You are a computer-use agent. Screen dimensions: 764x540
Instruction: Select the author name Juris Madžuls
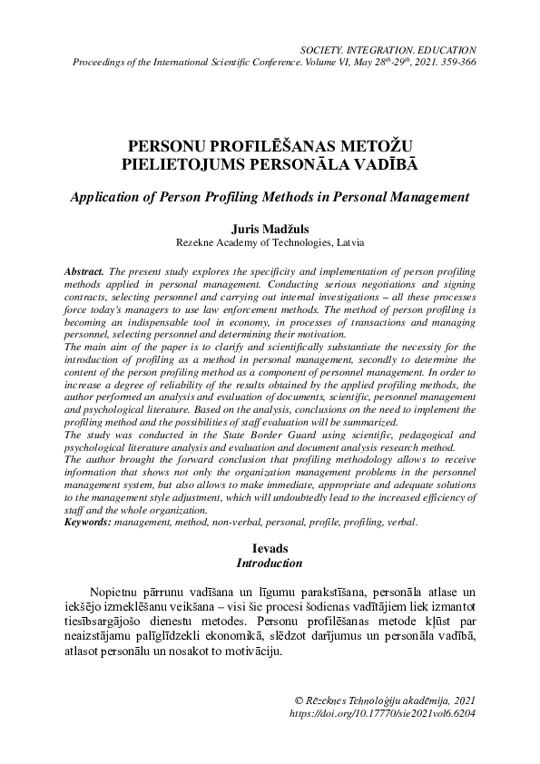point(270,230)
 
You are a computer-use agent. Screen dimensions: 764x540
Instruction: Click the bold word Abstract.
point(85,271)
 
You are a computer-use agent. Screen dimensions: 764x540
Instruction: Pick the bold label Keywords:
point(89,524)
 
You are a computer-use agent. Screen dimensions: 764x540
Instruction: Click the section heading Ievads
point(270,549)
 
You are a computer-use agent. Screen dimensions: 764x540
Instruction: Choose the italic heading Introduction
point(270,563)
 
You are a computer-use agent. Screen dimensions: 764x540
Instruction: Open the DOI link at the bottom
point(381,714)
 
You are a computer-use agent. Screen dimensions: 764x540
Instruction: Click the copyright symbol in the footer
point(301,701)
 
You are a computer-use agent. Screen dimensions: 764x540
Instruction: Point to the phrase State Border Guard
point(230,436)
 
